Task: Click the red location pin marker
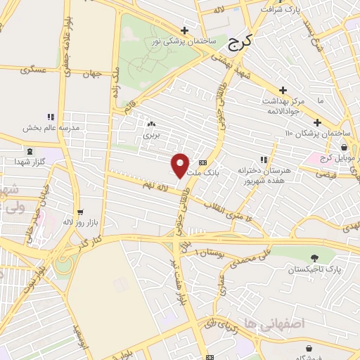coord(180,165)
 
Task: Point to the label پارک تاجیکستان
coord(314,269)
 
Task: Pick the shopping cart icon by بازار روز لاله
coord(80,211)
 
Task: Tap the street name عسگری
coord(33,70)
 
